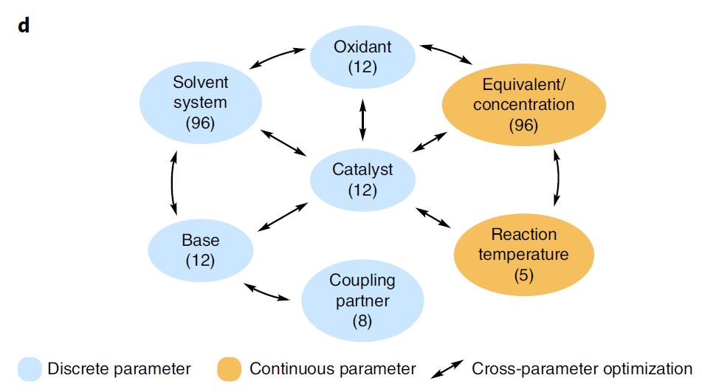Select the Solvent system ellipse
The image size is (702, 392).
200,103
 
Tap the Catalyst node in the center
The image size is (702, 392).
362,180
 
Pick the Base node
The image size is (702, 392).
201,251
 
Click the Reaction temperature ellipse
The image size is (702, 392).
524,255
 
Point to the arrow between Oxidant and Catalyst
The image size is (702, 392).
362,119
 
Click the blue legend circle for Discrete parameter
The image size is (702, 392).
30,368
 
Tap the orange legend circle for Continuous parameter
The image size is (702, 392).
231,368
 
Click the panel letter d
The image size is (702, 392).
24,27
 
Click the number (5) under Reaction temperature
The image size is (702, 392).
524,275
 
